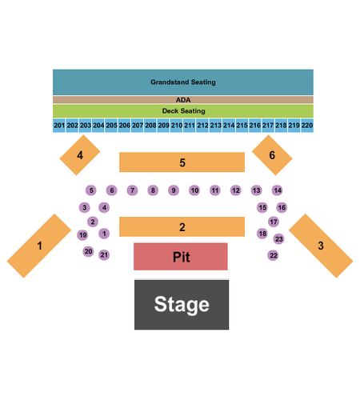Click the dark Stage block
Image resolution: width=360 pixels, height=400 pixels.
click(x=182, y=305)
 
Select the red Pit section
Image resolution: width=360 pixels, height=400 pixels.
click(x=181, y=257)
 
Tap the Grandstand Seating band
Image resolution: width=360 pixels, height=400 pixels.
click(x=183, y=82)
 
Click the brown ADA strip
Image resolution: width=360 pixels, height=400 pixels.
click(x=183, y=100)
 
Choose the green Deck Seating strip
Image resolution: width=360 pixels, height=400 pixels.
click(x=183, y=110)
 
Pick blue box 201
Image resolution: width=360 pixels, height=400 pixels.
click(x=59, y=125)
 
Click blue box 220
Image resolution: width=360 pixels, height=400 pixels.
click(x=307, y=125)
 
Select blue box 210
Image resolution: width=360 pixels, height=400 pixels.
click(x=177, y=125)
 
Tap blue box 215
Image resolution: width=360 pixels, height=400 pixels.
click(x=242, y=125)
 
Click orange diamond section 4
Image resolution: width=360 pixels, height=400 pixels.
click(x=80, y=155)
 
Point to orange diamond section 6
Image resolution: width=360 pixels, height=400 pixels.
click(x=272, y=155)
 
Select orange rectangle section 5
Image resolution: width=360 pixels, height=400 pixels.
click(x=182, y=162)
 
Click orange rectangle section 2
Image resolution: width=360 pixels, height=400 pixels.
click(x=182, y=226)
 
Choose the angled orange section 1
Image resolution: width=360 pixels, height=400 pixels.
click(x=39, y=246)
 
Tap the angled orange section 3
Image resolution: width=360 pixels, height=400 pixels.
click(x=321, y=246)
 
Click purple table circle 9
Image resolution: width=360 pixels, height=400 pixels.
click(x=174, y=190)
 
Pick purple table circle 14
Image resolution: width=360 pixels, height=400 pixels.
click(x=278, y=190)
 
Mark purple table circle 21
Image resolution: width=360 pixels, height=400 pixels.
click(x=104, y=255)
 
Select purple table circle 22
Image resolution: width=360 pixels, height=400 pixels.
click(x=273, y=255)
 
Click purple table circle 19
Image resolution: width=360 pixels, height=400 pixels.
click(x=82, y=235)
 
